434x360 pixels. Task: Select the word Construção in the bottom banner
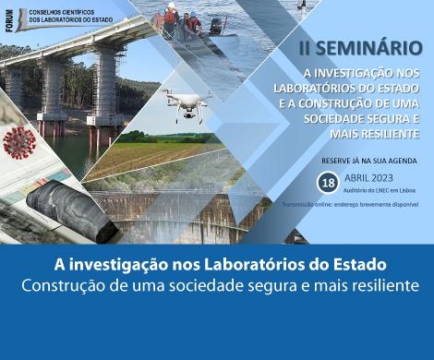coord(64,285)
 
